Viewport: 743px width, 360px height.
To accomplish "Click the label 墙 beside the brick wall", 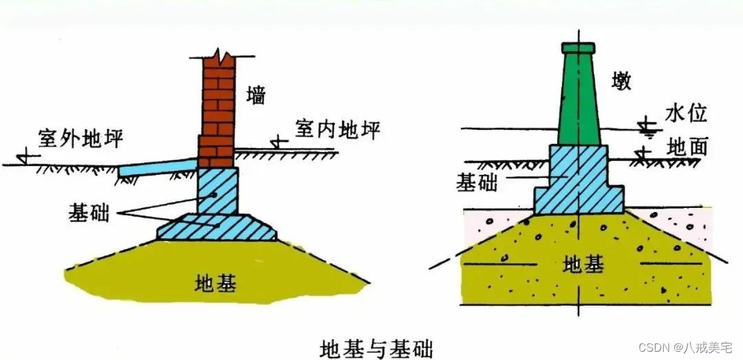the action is [255, 96].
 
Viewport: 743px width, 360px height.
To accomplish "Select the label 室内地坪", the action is [338, 129].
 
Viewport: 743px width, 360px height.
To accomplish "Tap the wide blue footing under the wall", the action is [217, 226].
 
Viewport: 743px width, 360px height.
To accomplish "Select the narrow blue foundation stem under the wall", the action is [217, 191].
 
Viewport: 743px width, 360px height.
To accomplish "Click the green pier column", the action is [577, 100].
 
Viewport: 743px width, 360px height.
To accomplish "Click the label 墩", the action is [620, 81].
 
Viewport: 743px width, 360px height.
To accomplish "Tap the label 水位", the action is [686, 113].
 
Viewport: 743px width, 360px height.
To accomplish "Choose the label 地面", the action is [687, 146].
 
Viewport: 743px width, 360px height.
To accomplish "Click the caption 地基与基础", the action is [377, 346].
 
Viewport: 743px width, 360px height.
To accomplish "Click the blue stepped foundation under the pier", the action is [579, 182].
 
